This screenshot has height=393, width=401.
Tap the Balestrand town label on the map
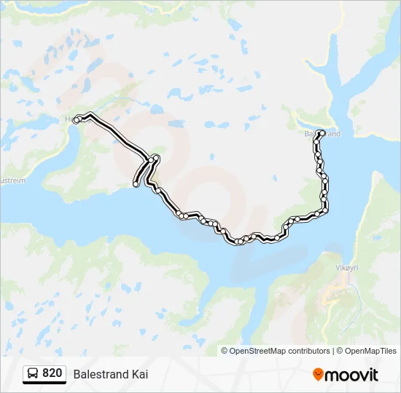(x=322, y=134)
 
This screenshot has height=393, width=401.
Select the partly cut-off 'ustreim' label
(x=14, y=179)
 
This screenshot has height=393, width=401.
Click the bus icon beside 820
(x=33, y=373)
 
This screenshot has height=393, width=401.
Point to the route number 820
(x=52, y=373)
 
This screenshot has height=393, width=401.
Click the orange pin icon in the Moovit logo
(x=318, y=375)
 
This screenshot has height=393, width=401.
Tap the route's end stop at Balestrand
(x=321, y=132)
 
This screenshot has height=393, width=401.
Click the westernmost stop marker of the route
(x=76, y=121)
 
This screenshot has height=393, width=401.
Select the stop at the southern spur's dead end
(x=136, y=184)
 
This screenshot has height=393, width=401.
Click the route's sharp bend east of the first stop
(x=89, y=114)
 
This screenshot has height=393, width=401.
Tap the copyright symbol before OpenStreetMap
(x=225, y=351)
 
